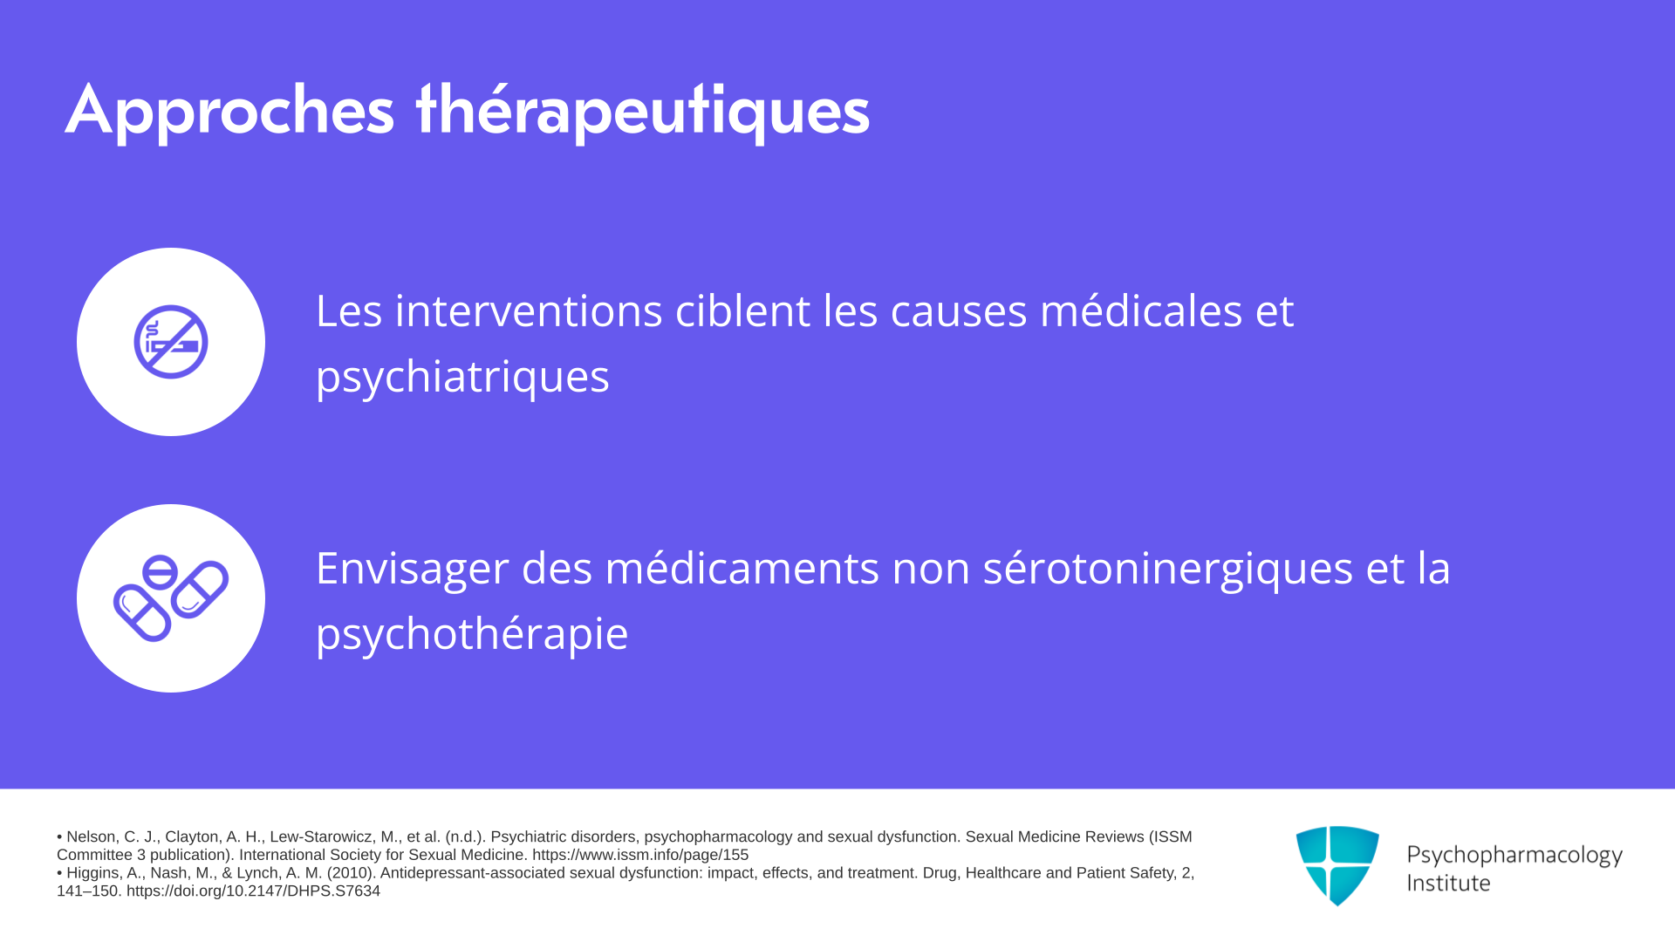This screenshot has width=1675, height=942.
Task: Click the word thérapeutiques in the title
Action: click(643, 111)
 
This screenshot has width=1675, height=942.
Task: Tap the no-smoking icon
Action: click(171, 342)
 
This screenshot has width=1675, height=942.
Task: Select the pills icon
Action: click(171, 598)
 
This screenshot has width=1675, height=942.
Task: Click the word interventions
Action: click(529, 311)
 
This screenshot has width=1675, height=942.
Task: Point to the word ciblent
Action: click(742, 311)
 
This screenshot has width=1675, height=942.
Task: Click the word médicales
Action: click(1141, 311)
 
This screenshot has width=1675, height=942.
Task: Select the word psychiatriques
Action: click(462, 377)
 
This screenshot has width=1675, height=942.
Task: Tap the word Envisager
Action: click(412, 570)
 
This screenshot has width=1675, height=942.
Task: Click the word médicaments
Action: click(742, 568)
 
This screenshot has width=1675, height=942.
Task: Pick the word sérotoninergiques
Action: click(1168, 570)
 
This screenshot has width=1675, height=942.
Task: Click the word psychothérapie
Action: click(472, 634)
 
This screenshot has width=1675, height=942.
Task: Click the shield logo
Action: click(1337, 865)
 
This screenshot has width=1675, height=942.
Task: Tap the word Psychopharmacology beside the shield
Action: click(1514, 856)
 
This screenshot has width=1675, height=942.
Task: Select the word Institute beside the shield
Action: click(1448, 883)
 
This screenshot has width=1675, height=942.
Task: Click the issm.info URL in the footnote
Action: click(640, 856)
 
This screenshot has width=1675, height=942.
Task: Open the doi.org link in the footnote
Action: click(253, 891)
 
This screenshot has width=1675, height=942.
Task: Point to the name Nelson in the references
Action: click(91, 837)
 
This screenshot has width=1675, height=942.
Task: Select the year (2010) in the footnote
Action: click(351, 873)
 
